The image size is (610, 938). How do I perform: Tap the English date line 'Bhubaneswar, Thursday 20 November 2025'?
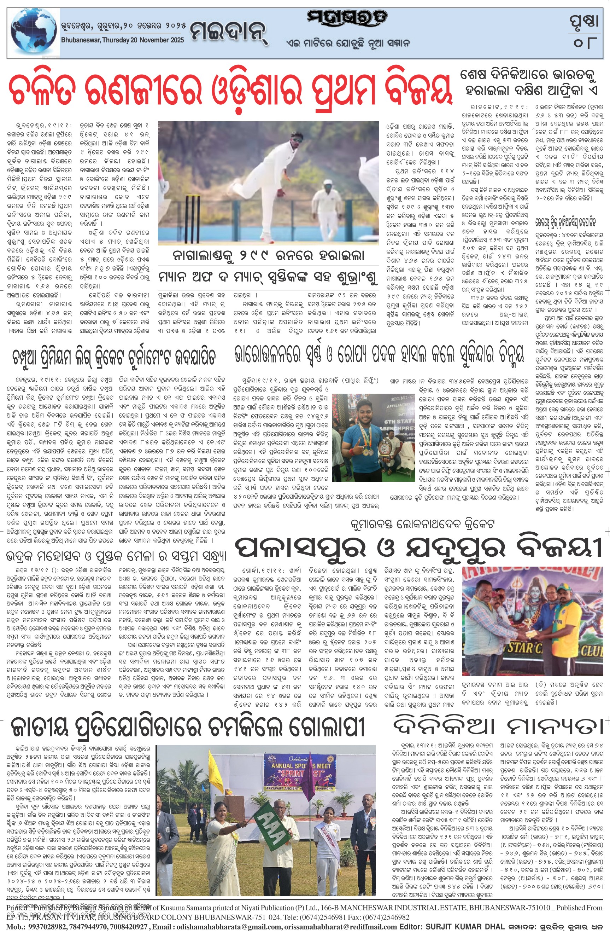(x=123, y=40)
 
